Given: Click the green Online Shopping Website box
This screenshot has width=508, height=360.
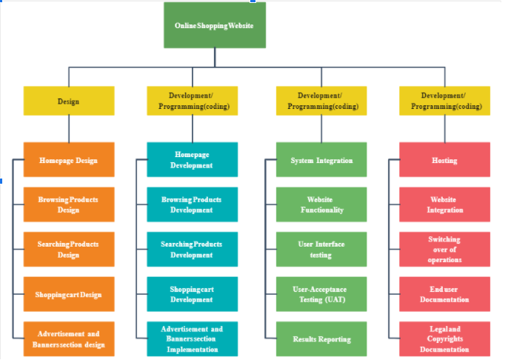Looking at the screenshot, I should coord(214,26).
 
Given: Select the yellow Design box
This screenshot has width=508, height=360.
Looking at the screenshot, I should coord(69,101).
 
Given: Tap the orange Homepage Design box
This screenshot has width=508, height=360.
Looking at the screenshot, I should coord(69,160).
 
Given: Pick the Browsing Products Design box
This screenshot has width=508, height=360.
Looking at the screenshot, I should coord(69,204).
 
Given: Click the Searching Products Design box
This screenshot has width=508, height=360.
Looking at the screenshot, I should coord(69,250).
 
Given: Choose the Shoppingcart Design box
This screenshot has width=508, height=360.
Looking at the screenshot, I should coord(69,295).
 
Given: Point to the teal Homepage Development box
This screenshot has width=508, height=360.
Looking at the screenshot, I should coord(192,160).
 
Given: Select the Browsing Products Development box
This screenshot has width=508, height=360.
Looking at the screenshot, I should coord(192,204).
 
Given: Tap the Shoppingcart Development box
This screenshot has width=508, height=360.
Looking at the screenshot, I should coord(192,295).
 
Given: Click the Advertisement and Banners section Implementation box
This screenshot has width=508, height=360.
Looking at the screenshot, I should coord(192,339).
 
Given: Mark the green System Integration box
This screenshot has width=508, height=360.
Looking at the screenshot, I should coord(321,160).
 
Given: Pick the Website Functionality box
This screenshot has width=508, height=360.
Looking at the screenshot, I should coord(321,204).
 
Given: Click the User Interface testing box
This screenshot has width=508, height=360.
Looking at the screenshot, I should coord(321,250).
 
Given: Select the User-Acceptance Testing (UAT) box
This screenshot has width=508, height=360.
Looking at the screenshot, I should coord(321,295).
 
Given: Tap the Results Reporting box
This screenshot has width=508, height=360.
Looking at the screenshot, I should coord(321,339).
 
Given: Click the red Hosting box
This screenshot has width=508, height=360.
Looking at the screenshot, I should coord(444,160).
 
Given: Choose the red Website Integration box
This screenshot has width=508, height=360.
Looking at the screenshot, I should coord(444,204).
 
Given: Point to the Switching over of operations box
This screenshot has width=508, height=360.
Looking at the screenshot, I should coord(444,250).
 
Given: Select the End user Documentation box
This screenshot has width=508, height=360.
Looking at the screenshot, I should coord(444,295).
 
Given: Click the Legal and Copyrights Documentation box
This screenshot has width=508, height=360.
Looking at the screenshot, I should coord(444,339).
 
